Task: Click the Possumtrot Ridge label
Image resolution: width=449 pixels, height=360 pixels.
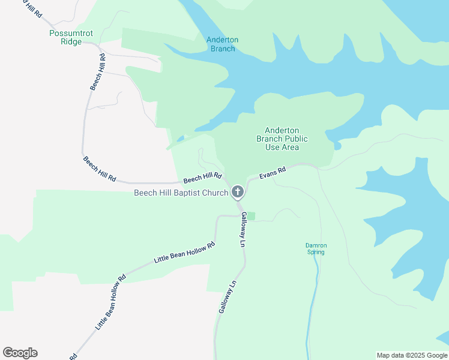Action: pyautogui.click(x=71, y=37)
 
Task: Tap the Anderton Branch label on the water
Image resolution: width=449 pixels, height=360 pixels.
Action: pyautogui.click(x=222, y=44)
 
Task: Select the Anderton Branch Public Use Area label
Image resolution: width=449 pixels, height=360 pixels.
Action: pyautogui.click(x=282, y=139)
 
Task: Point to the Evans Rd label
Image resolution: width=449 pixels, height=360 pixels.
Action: pyautogui.click(x=273, y=173)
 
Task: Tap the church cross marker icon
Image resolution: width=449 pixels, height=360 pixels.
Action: pyautogui.click(x=238, y=193)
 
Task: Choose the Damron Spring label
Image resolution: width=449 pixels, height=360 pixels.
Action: pyautogui.click(x=316, y=248)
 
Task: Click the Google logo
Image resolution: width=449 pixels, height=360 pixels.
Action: pyautogui.click(x=20, y=353)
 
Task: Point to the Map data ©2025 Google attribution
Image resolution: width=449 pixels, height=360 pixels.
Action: pyautogui.click(x=412, y=355)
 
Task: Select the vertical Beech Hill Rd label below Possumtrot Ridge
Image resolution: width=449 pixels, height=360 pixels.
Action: pyautogui.click(x=98, y=72)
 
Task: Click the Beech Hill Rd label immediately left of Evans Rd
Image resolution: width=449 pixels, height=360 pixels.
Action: pyautogui.click(x=203, y=178)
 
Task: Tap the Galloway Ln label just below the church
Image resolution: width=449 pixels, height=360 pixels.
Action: pyautogui.click(x=244, y=230)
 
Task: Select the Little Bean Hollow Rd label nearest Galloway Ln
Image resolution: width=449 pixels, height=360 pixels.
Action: pyautogui.click(x=184, y=253)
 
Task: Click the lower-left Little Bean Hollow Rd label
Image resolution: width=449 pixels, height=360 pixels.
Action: pyautogui.click(x=110, y=302)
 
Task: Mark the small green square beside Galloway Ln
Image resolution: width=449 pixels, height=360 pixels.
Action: pyautogui.click(x=251, y=216)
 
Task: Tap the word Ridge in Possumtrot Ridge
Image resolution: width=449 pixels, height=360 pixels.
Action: pyautogui.click(x=71, y=41)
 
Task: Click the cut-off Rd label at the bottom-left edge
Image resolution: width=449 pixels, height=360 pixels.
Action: pyautogui.click(x=73, y=356)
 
